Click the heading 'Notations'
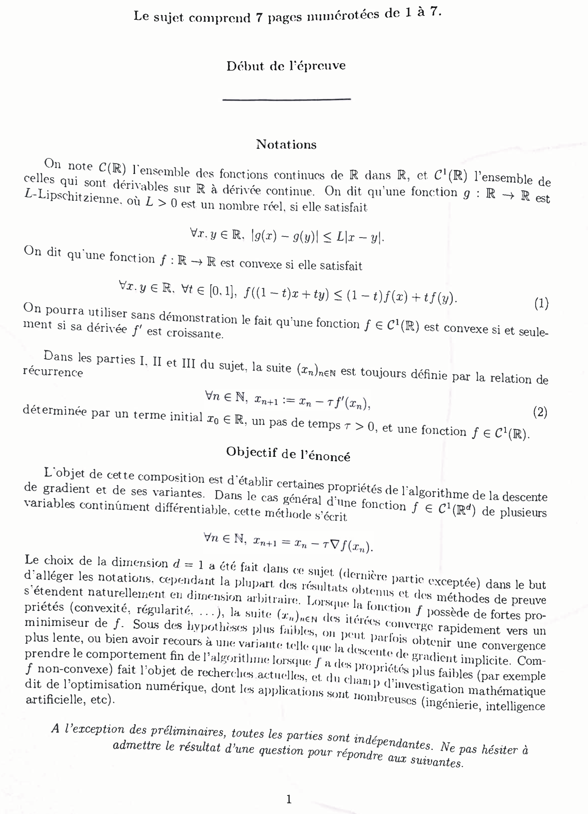tap(286, 144)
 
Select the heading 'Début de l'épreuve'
tap(286, 66)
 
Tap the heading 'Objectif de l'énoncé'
tap(288, 454)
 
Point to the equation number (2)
tap(540, 412)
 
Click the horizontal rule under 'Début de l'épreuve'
tap(287, 99)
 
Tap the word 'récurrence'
tap(53, 372)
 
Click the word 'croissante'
tap(195, 333)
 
